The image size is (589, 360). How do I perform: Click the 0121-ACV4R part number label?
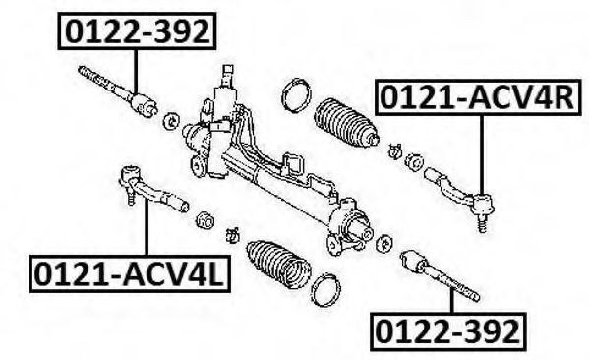[x=478, y=97]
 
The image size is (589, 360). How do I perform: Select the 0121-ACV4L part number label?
[x=130, y=273]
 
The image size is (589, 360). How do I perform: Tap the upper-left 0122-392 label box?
[x=137, y=30]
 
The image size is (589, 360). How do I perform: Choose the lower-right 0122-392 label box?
[x=447, y=331]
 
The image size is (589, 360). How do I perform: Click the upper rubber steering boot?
[x=345, y=122]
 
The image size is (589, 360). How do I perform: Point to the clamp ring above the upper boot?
[x=297, y=94]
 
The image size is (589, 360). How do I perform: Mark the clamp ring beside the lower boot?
[x=326, y=290]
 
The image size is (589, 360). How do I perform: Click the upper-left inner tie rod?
[x=116, y=90]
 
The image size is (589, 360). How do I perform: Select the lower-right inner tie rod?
[x=439, y=276]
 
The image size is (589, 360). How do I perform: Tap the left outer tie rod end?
[x=154, y=188]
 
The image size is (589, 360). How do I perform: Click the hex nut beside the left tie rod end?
[x=206, y=219]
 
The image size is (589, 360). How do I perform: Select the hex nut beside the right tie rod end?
[x=414, y=162]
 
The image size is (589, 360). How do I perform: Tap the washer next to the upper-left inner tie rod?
[x=171, y=121]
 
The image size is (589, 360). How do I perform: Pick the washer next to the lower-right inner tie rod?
[x=383, y=243]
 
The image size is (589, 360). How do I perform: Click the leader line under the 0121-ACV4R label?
[x=481, y=154]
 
